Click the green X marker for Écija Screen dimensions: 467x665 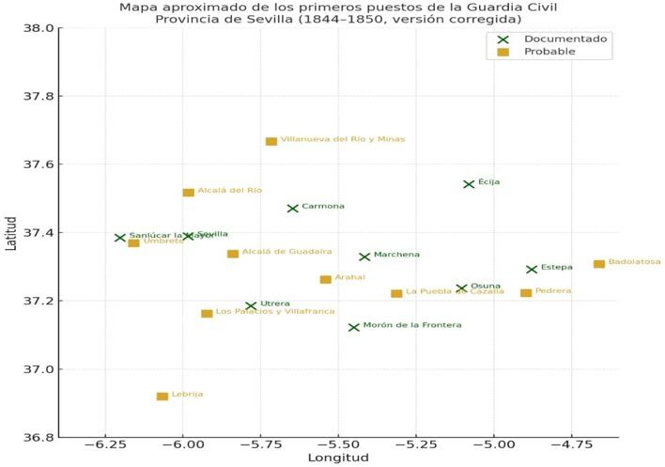[x=469, y=184]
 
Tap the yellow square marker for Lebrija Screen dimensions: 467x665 [x=162, y=397]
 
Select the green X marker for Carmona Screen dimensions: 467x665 [x=293, y=209]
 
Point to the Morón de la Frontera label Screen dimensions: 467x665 [x=412, y=325]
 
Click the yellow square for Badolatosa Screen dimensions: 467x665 [x=599, y=264]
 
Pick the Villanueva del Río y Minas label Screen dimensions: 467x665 [x=343, y=139]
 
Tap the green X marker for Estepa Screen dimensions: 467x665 [x=532, y=270]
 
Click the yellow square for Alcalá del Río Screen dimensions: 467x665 [x=189, y=193]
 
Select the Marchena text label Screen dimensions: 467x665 [x=396, y=255]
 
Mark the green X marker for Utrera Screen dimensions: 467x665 [x=251, y=306]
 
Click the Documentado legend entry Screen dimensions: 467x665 [x=565, y=39]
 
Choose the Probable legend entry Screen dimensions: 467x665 [x=549, y=52]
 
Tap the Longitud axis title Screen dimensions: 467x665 [x=338, y=458]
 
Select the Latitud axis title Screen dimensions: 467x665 [x=10, y=233]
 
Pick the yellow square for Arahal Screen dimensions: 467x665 [x=326, y=279]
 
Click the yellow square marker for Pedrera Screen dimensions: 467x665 [x=526, y=293]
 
